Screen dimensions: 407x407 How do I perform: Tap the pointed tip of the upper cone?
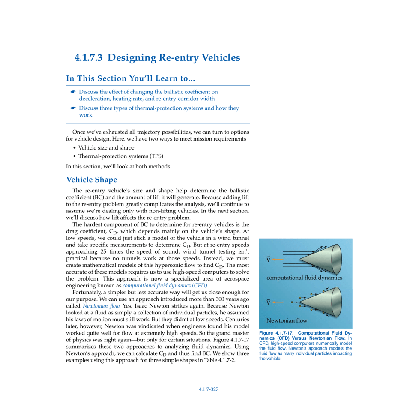click(x=300, y=259)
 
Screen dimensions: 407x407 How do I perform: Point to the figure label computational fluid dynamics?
click(x=304, y=278)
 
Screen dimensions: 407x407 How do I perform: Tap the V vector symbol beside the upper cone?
click(x=269, y=260)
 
